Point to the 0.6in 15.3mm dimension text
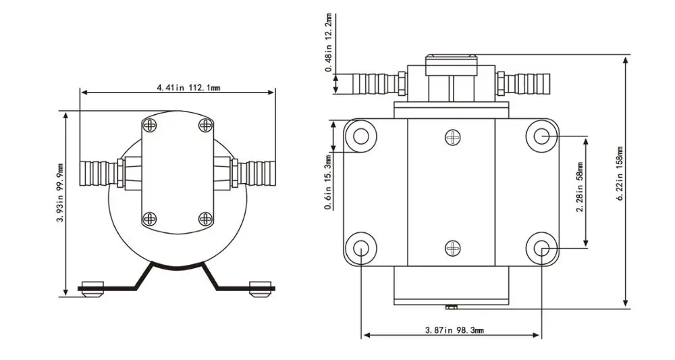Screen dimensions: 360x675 (x=328, y=184)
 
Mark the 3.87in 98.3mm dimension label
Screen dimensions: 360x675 (x=454, y=330)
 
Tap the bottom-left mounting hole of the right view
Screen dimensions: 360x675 (x=361, y=249)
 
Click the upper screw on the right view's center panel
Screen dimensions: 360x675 (x=452, y=138)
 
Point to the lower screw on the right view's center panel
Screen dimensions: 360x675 (x=452, y=249)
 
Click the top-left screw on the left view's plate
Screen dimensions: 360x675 (x=150, y=125)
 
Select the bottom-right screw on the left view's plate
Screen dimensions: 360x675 (x=205, y=217)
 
